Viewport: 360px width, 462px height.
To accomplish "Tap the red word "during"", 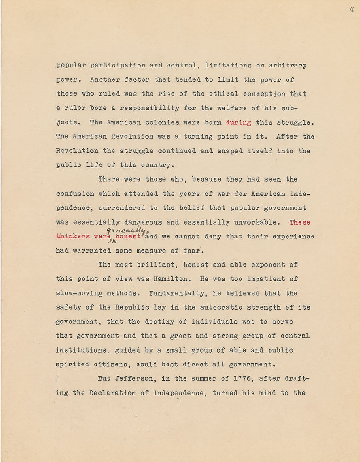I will (x=239, y=122).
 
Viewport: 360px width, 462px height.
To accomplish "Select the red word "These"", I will (x=300, y=222).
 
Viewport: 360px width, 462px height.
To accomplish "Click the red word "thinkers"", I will (x=73, y=236).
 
